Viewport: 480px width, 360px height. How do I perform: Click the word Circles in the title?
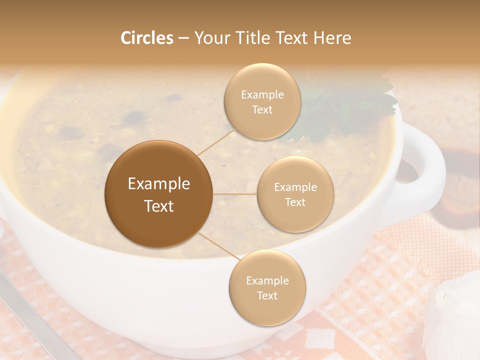(x=147, y=38)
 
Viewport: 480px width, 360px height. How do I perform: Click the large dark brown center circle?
(x=158, y=194)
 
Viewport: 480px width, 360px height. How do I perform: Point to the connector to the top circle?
(x=216, y=142)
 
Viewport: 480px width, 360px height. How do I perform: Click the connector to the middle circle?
(x=235, y=194)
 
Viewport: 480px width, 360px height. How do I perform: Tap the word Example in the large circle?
(x=159, y=184)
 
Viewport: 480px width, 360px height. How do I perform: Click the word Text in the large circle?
(x=159, y=206)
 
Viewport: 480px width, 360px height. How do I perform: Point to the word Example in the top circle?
(x=262, y=95)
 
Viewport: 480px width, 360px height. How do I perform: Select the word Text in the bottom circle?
(x=267, y=295)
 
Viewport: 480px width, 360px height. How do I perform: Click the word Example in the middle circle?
(x=295, y=187)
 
